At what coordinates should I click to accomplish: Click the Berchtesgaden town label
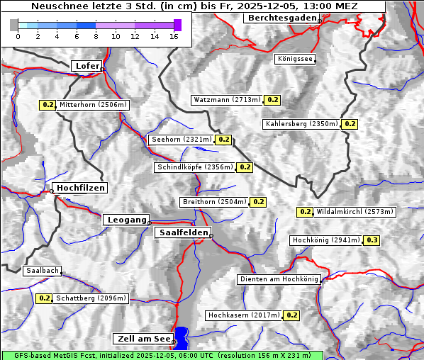point(281,18)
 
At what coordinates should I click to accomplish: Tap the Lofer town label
point(87,66)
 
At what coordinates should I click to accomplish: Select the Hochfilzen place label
point(80,188)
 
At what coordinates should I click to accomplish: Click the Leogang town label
point(127,220)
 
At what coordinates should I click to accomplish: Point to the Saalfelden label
point(183,232)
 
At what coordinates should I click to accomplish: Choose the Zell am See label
point(143,339)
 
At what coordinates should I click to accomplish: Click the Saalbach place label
point(42,271)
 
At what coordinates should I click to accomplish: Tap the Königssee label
point(294,60)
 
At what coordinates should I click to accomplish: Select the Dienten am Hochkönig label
point(279,279)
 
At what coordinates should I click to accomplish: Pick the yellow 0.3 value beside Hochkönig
point(372,240)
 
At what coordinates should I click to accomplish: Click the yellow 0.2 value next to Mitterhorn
point(48,105)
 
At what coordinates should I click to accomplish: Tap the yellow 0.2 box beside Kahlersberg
point(350,124)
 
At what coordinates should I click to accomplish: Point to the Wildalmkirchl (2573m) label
point(355,211)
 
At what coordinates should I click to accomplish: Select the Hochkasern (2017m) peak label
point(244,315)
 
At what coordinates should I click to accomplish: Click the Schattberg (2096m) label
point(91,298)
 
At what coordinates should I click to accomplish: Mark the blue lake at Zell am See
point(182,336)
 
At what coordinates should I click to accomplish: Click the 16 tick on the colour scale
point(174,35)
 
